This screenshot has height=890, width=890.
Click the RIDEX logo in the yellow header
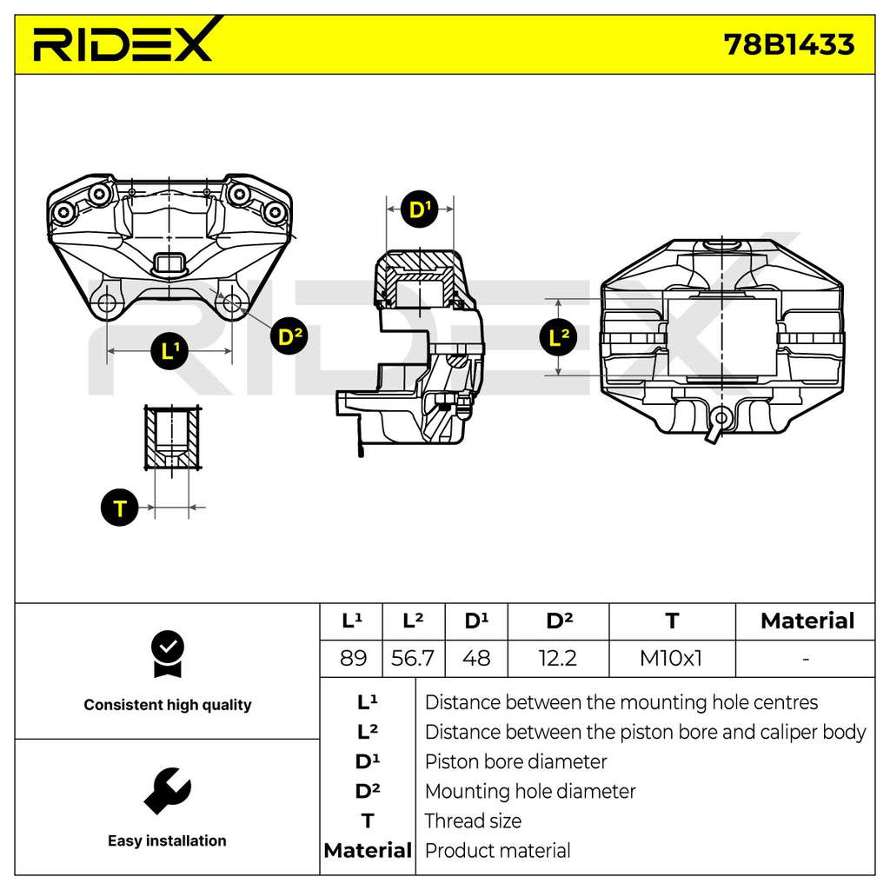[126, 40]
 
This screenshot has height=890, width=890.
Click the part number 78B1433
[788, 44]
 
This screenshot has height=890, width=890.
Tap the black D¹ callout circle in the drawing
[420, 209]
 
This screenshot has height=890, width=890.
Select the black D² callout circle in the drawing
[289, 336]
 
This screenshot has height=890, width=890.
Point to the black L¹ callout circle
[169, 351]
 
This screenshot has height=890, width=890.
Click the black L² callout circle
[559, 337]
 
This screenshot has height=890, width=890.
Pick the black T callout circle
[120, 508]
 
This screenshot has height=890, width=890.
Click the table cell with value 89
[353, 659]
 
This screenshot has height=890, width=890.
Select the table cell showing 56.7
[413, 659]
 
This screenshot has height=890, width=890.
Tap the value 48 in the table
[475, 659]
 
